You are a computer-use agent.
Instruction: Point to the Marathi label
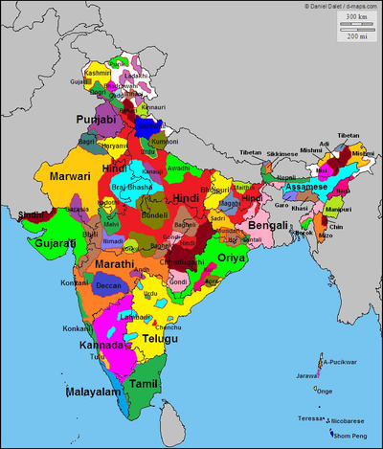click(114, 263)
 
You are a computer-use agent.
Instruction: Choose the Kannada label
click(102, 344)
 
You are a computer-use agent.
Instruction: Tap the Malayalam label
click(93, 393)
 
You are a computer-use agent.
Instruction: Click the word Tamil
click(144, 383)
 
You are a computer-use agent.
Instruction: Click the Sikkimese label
click(281, 153)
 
